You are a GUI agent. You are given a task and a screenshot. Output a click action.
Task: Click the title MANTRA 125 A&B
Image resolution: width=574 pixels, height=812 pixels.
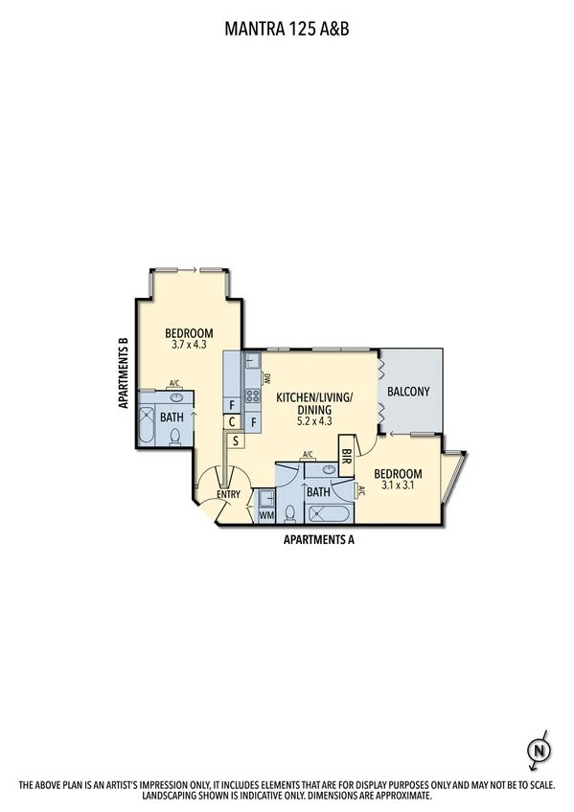pos(287,30)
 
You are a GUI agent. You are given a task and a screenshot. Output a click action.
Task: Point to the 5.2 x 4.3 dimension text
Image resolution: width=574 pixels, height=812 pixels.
pos(314,419)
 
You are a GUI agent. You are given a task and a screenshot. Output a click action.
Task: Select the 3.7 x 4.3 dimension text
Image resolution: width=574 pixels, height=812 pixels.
pos(189,345)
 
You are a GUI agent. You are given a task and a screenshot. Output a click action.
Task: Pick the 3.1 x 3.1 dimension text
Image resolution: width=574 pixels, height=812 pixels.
pos(398,485)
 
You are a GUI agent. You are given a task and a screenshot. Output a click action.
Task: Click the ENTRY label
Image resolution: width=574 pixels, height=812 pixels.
pos(227,494)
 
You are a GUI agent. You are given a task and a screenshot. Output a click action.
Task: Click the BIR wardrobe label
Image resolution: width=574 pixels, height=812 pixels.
pos(346,457)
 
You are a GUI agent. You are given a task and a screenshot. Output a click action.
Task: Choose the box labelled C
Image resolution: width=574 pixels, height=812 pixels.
pos(233,421)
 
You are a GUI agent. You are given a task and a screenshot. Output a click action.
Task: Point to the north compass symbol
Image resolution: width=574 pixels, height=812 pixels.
pos(540,748)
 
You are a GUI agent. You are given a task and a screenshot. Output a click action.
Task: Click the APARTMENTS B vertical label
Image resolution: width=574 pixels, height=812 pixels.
pos(125,373)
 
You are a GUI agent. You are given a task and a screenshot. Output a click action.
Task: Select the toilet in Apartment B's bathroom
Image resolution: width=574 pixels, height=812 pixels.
pos(176,438)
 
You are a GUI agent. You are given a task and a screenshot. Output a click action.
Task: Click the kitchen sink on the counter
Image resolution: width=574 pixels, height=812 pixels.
pos(250,361)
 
